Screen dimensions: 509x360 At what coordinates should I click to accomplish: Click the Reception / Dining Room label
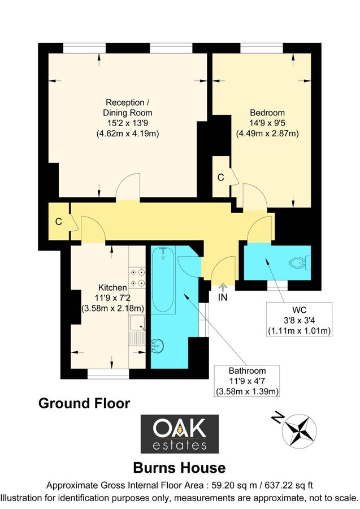pyautogui.click(x=128, y=118)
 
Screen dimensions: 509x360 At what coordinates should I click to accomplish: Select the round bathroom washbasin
pyautogui.click(x=159, y=344)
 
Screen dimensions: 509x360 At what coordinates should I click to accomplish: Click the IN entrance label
pyautogui.click(x=223, y=295)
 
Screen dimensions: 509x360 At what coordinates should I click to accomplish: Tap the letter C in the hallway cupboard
pyautogui.click(x=58, y=222)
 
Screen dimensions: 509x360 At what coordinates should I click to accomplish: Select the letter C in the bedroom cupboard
pyautogui.click(x=221, y=177)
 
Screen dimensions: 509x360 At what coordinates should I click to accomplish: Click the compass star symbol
pyautogui.click(x=298, y=430)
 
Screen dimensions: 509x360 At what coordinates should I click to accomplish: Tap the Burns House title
pyautogui.click(x=179, y=468)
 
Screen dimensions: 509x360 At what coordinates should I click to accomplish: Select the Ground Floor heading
pyautogui.click(x=84, y=403)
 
